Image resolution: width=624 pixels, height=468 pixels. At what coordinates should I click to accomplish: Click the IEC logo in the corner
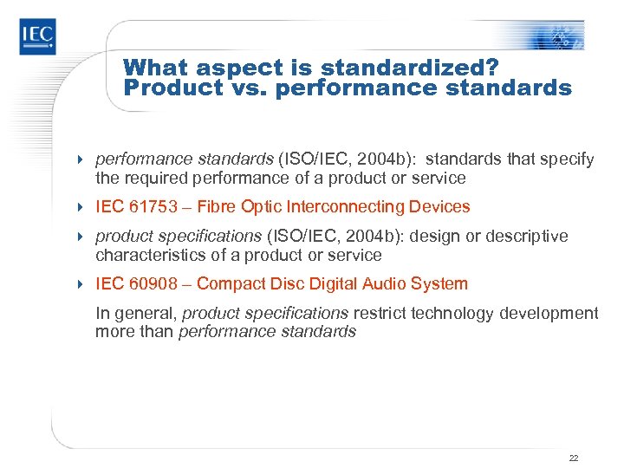pyautogui.click(x=38, y=37)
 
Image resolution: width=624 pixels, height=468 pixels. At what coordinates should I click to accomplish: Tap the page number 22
pyautogui.click(x=574, y=457)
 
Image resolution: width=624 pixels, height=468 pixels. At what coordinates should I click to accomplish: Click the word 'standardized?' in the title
pyautogui.click(x=419, y=67)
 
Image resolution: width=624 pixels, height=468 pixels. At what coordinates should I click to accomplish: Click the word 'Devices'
pyautogui.click(x=442, y=207)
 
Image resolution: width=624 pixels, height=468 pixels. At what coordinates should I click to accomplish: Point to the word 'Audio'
pyautogui.click(x=383, y=283)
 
